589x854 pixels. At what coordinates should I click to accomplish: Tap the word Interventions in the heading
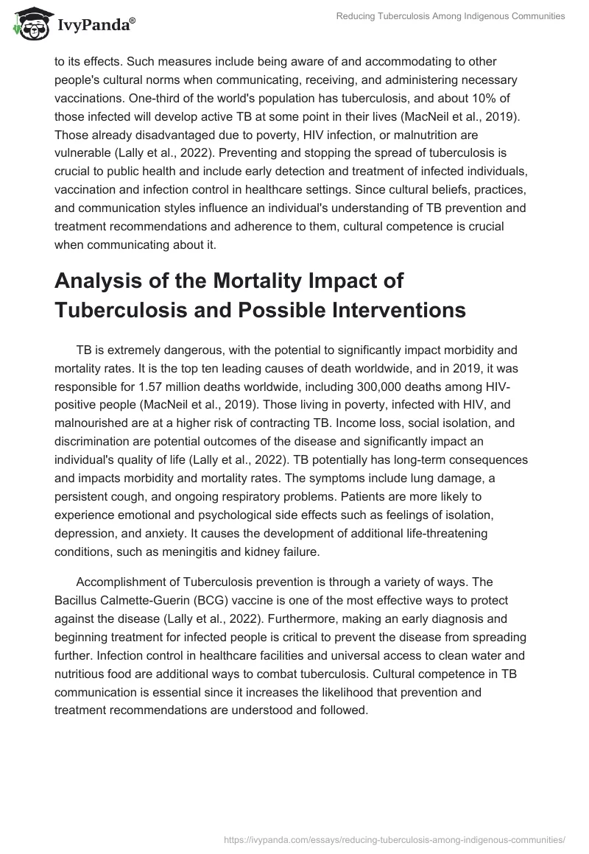tap(384, 310)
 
